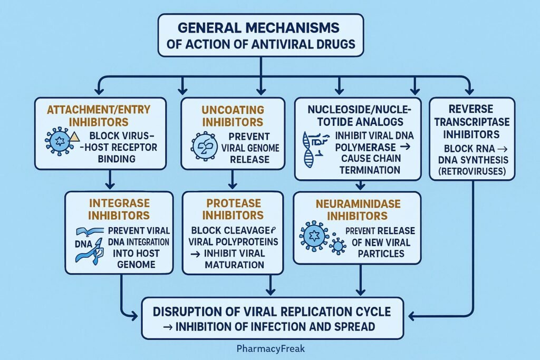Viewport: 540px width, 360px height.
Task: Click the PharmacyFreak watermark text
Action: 270,348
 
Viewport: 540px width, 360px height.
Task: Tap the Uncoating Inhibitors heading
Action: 233,115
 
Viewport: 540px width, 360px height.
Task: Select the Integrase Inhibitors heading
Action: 119,208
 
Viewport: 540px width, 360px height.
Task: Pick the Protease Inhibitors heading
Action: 233,208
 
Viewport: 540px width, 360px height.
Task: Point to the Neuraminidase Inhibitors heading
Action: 357,209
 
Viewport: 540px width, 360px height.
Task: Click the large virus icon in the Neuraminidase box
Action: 314,236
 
